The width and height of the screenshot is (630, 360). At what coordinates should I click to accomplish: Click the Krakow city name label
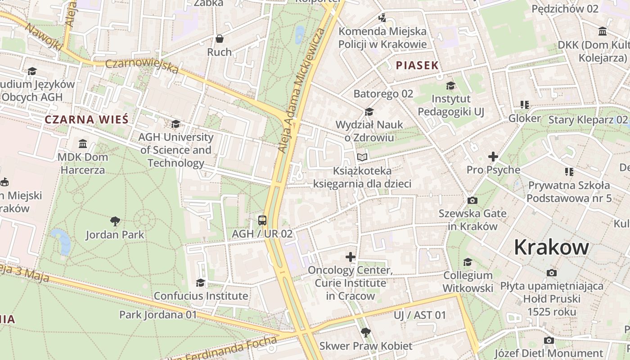tap(551, 247)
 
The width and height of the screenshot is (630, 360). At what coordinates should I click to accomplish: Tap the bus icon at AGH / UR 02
tap(262, 220)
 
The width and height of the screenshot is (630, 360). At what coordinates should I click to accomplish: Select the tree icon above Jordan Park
tap(115, 221)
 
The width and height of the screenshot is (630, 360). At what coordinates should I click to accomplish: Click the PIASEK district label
tap(417, 65)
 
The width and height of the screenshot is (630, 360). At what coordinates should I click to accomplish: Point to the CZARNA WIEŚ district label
tap(87, 120)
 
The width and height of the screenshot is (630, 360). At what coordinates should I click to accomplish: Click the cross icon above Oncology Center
tap(350, 257)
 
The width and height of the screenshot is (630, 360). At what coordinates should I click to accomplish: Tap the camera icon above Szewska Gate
tap(472, 200)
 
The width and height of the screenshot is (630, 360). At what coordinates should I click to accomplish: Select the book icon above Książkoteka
tap(362, 157)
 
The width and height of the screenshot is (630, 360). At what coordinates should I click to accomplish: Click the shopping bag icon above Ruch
tap(220, 39)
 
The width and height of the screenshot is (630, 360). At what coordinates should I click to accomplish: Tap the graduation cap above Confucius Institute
tap(200, 283)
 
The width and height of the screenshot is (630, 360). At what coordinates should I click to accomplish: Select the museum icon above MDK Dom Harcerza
tap(83, 144)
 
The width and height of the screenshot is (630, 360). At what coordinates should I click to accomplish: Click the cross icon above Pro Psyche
tap(493, 157)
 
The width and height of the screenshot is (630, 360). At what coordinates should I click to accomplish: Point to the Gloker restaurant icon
tap(524, 105)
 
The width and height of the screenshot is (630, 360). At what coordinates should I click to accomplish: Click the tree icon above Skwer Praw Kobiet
tap(366, 333)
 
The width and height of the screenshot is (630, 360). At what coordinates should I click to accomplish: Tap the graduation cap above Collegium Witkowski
tap(468, 262)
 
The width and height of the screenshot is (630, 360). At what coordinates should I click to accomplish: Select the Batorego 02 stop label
tap(383, 94)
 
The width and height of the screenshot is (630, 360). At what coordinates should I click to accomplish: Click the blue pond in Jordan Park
tap(62, 241)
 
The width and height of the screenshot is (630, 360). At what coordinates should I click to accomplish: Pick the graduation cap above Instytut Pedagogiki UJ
tap(450, 85)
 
